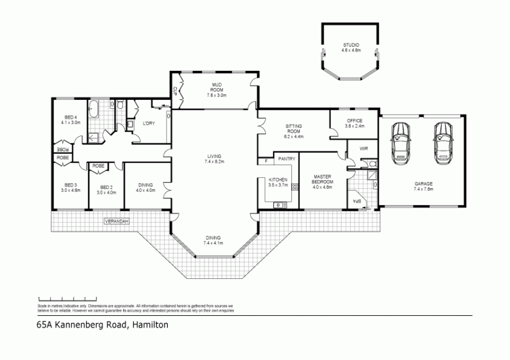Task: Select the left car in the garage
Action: pos(401,141)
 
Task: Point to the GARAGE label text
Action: pos(423,184)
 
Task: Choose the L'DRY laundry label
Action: pos(149,124)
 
